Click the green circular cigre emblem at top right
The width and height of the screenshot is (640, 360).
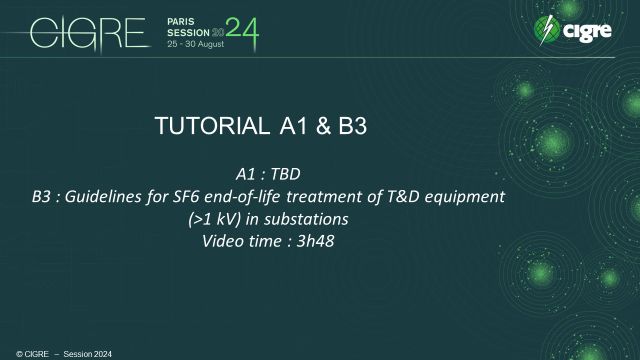click(548, 29)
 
